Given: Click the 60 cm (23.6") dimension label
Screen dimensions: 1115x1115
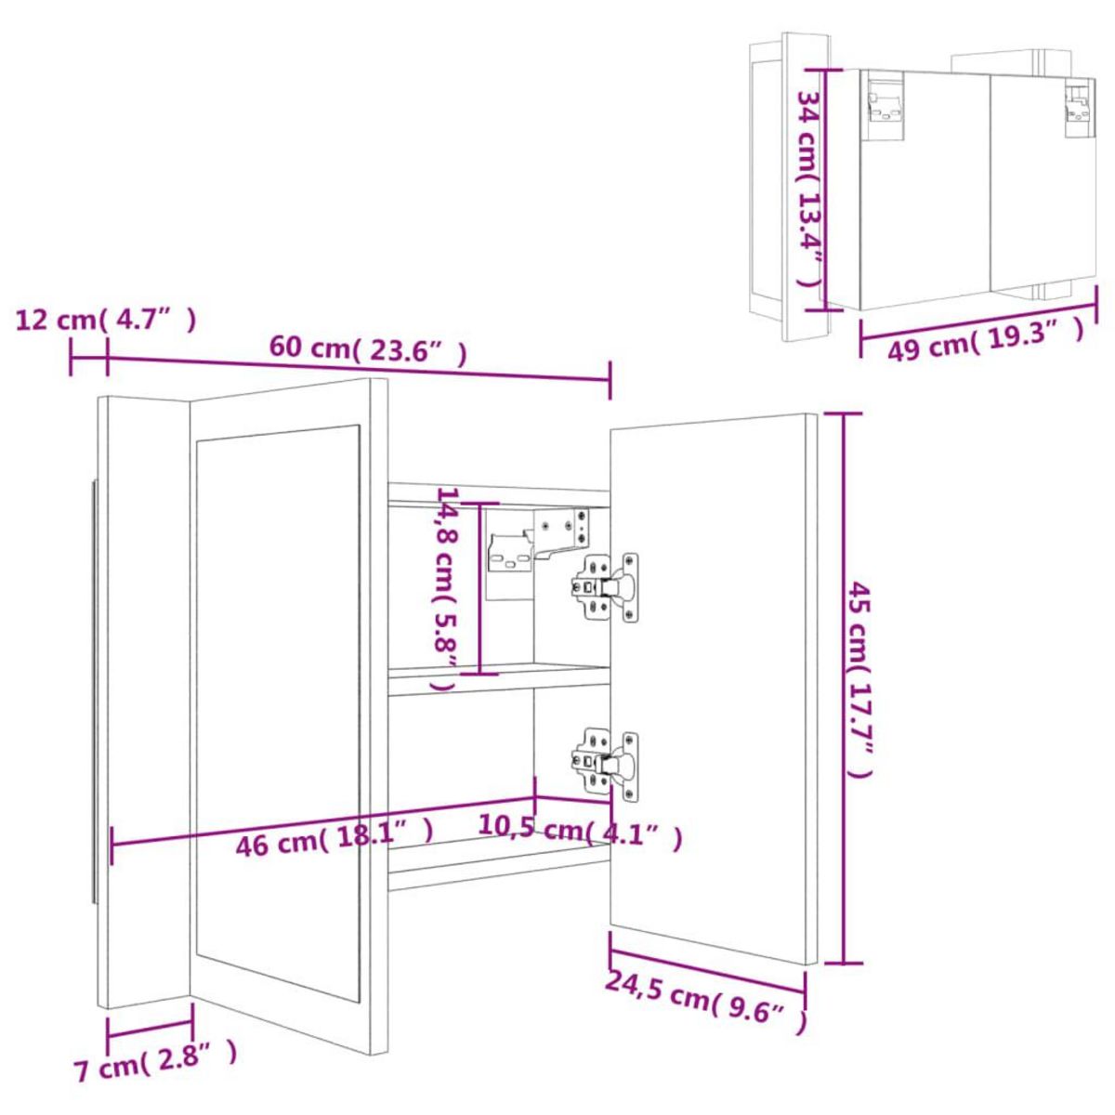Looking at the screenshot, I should click(367, 350).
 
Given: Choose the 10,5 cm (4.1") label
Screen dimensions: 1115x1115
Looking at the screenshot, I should click(581, 830).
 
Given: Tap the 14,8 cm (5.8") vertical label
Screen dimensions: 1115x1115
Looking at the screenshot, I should click(447, 587).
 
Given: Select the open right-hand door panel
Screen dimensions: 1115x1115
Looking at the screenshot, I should click(711, 688).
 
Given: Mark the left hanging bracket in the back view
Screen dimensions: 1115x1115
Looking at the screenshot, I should click(885, 103).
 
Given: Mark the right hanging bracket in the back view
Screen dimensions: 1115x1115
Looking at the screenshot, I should click(1078, 103).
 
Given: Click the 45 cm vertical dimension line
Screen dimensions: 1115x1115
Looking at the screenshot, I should click(843, 688).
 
